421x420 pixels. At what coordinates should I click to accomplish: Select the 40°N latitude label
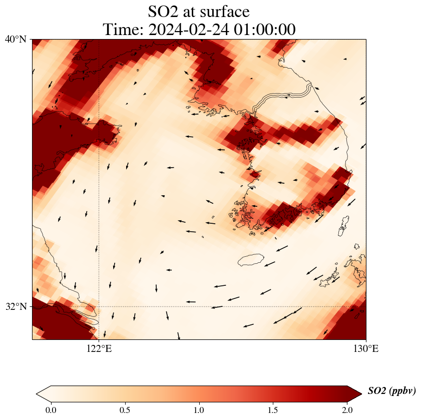click(16, 39)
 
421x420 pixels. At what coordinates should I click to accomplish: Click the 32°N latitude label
click(16, 306)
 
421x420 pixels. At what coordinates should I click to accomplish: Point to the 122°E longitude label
click(99, 349)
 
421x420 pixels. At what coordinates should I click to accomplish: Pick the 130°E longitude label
click(366, 349)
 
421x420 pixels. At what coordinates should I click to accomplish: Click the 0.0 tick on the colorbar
click(51, 410)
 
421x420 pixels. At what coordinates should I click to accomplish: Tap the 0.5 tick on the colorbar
click(125, 410)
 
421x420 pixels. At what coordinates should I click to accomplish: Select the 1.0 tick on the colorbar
click(199, 410)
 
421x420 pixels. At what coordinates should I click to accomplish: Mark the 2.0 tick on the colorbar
click(347, 410)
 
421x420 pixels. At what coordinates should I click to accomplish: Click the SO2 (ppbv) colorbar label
click(391, 391)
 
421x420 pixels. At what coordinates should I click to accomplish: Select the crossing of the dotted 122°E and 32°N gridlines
click(99, 306)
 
